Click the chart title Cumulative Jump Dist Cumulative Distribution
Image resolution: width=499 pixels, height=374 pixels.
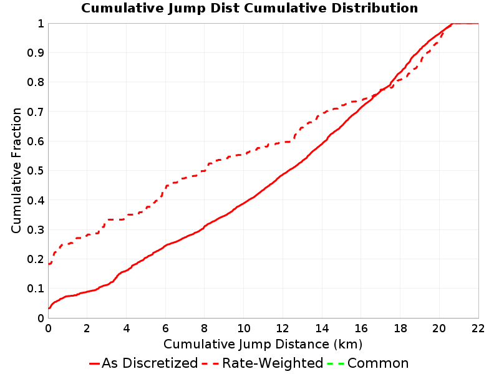point(249,8)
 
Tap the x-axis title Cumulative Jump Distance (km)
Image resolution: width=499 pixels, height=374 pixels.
point(263,345)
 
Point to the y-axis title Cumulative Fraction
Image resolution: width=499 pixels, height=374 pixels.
point(16,170)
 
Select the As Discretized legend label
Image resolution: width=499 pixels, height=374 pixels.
point(150,363)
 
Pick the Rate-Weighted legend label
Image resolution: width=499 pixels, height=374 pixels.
point(273,363)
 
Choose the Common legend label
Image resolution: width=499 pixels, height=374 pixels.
point(378,363)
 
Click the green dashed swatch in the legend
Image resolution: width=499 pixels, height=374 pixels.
point(336,363)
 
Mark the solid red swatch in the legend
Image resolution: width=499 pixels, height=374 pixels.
point(95,363)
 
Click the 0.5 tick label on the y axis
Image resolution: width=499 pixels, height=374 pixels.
point(36,171)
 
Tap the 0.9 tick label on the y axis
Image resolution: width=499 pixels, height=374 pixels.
point(36,53)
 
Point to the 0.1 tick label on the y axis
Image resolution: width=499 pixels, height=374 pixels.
point(36,289)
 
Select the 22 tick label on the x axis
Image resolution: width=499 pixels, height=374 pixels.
point(478,328)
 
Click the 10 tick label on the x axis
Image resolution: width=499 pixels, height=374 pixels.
point(243,328)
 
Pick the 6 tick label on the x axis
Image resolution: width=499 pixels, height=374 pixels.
point(165,328)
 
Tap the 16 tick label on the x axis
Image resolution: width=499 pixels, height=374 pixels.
point(361,328)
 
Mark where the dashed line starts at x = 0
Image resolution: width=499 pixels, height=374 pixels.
point(49,264)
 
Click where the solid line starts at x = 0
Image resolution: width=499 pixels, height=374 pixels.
point(49,308)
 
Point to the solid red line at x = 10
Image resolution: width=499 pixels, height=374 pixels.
point(244,203)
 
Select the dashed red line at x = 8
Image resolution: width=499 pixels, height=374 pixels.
point(205,171)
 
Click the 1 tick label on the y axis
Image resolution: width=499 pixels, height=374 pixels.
point(41,24)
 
